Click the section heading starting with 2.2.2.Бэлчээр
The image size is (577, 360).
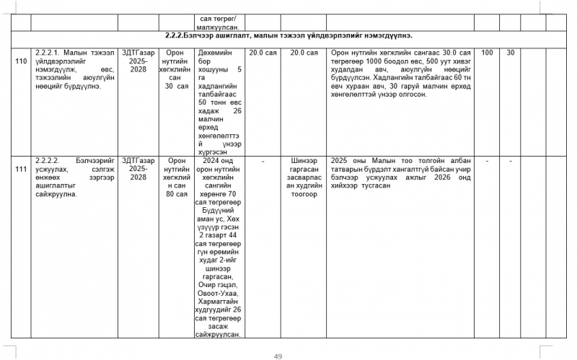pyautogui.click(x=288, y=35)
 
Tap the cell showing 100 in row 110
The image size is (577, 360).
pyautogui.click(x=487, y=53)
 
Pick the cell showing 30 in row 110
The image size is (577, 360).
pyautogui.click(x=511, y=53)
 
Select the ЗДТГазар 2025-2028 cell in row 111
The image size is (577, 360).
pyautogui.click(x=138, y=165)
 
